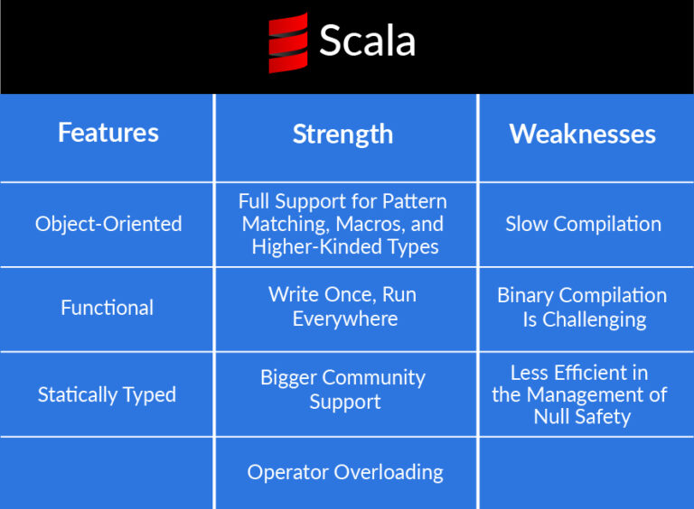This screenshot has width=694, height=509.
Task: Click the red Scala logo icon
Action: click(x=288, y=42)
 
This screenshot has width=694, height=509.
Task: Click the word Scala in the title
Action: click(x=368, y=42)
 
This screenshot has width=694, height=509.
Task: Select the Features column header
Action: click(x=108, y=133)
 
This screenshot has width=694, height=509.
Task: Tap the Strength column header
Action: click(x=343, y=134)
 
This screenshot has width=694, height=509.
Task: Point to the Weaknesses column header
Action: click(x=583, y=134)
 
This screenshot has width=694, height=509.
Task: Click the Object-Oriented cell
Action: click(x=108, y=224)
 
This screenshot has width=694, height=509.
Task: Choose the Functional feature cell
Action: click(x=108, y=308)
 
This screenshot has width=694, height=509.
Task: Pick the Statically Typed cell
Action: click(x=108, y=394)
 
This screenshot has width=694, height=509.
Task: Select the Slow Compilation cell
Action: click(x=584, y=224)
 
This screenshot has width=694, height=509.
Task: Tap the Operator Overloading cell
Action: click(x=345, y=472)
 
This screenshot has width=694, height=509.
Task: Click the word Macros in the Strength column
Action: click(x=370, y=225)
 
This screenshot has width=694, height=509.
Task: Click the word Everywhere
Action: click(x=345, y=319)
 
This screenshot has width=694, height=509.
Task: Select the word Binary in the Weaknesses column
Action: click(x=525, y=296)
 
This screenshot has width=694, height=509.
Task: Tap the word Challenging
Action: click(x=595, y=319)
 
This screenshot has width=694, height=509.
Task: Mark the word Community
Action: click(x=373, y=378)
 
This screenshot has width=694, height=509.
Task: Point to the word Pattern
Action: click(x=415, y=201)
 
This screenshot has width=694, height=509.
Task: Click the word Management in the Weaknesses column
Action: click(x=586, y=394)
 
